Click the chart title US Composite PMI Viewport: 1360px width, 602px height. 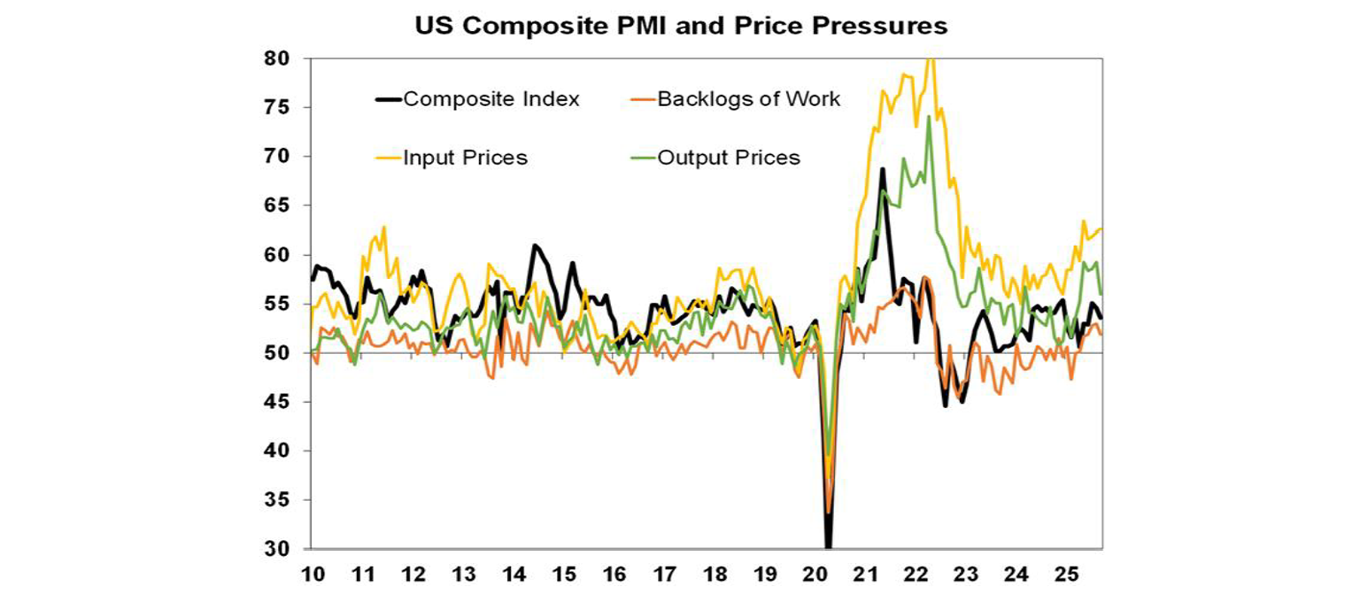pos(681,27)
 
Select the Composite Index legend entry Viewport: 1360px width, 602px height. pos(491,99)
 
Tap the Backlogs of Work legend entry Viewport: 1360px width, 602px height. pos(748,99)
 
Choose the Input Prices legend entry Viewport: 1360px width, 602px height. pos(465,158)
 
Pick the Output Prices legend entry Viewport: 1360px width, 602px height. pos(728,158)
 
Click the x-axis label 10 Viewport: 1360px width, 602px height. pos(313,575)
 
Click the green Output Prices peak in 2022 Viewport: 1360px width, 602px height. pos(929,117)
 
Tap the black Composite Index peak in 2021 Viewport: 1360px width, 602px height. pos(882,168)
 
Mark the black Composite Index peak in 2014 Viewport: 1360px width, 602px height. pos(535,245)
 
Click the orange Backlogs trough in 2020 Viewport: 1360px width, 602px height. pos(828,512)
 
